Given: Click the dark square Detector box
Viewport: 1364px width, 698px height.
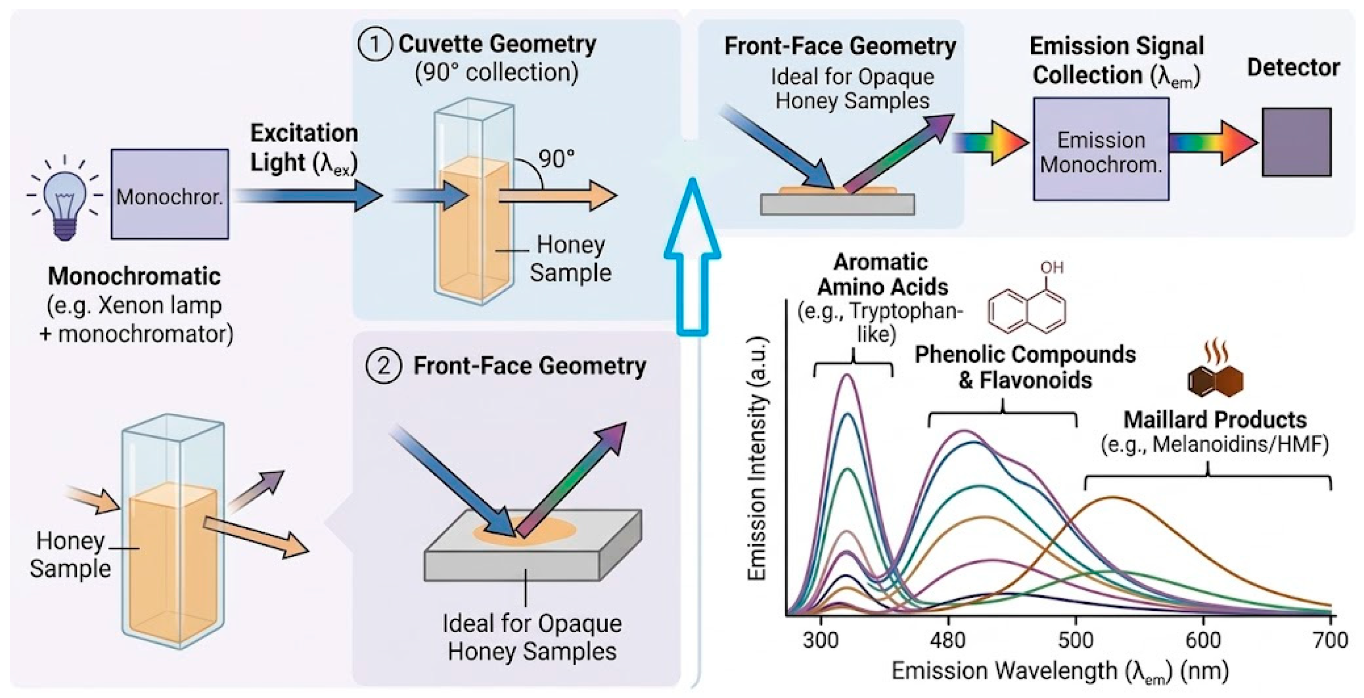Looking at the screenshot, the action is point(1296,142).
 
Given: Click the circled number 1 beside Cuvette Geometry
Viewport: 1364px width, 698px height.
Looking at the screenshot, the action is point(375,44).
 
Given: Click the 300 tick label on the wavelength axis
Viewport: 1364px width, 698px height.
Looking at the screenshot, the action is point(820,640).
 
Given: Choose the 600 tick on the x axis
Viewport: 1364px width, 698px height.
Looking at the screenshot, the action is point(1203,640).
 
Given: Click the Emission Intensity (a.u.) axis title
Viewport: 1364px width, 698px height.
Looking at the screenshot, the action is point(758,459).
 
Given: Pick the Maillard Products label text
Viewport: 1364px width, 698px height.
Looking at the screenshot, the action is point(1215,420).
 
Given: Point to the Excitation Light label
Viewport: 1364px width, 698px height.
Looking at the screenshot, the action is point(303,148).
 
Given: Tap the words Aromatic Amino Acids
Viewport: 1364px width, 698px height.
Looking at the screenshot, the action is point(881,274).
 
